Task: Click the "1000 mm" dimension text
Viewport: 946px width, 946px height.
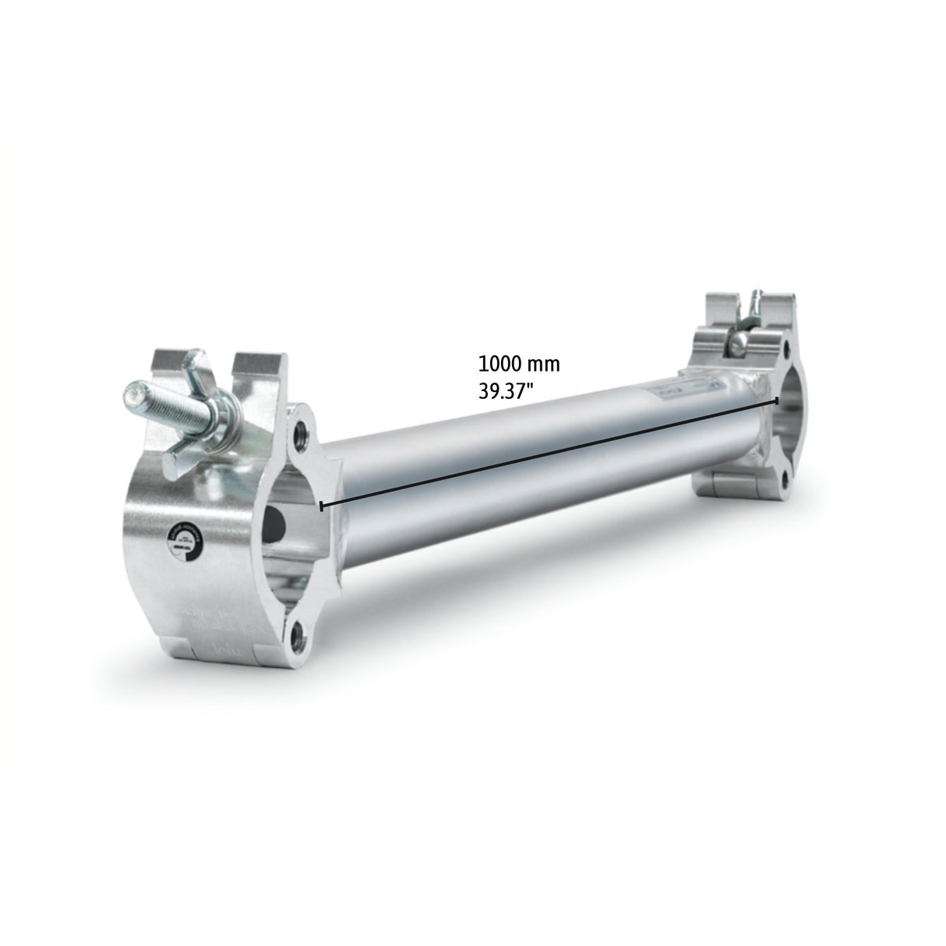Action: [519, 364]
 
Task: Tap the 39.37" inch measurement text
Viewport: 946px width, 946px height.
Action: [507, 390]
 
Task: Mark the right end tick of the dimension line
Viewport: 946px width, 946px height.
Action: [778, 400]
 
